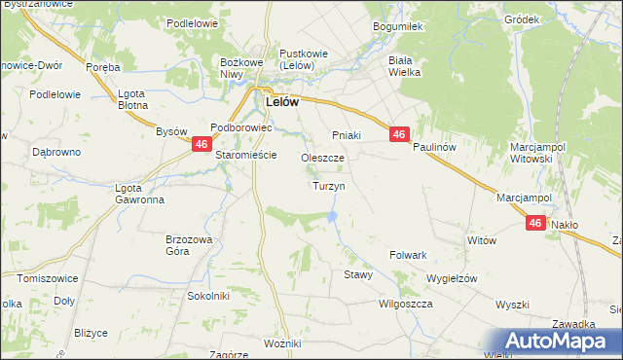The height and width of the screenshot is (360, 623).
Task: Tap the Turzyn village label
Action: tap(327, 185)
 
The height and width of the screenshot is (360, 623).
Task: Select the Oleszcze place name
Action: tap(322, 157)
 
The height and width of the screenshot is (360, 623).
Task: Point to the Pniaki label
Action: tap(347, 134)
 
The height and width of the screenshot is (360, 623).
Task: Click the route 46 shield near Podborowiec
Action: tap(201, 144)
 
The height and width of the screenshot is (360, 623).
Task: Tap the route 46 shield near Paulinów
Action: tap(400, 135)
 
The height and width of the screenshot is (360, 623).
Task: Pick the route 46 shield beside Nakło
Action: tap(535, 223)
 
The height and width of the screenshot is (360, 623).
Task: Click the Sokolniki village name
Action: tap(207, 294)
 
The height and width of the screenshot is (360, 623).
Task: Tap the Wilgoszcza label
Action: tap(405, 304)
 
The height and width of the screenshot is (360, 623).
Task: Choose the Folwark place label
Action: tap(409, 255)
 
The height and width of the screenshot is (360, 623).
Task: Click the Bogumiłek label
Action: tap(395, 27)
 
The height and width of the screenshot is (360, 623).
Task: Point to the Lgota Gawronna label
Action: tap(139, 194)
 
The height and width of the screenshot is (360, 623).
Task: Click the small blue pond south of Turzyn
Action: tap(334, 215)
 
